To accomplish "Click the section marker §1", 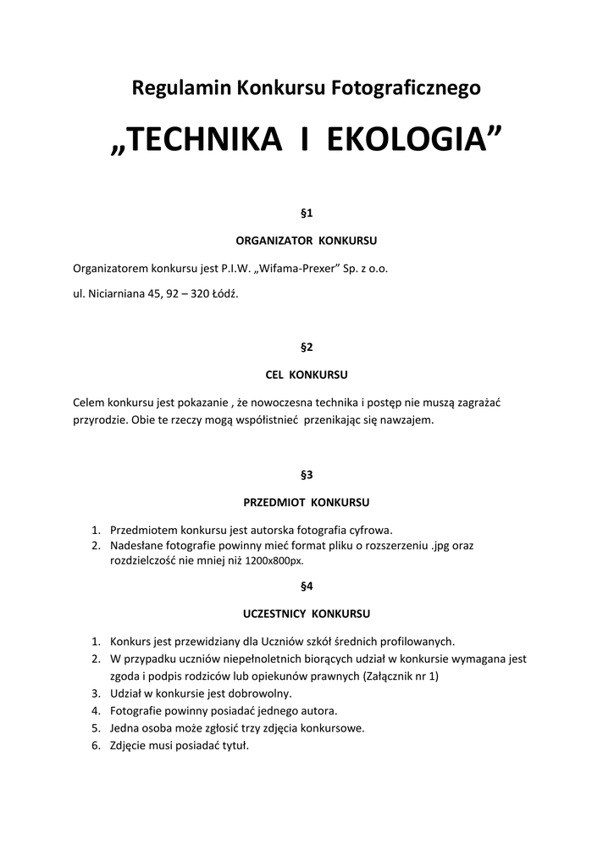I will pyautogui.click(x=307, y=213).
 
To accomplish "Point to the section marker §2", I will pyautogui.click(x=307, y=347).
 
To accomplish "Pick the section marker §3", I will pyautogui.click(x=307, y=475).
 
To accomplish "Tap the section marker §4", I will pyautogui.click(x=307, y=586).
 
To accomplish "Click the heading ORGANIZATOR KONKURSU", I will pyautogui.click(x=307, y=240).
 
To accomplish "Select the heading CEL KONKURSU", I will pyautogui.click(x=307, y=374).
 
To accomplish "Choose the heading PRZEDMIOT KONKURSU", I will pyautogui.click(x=307, y=502).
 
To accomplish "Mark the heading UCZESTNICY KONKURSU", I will pyautogui.click(x=307, y=613).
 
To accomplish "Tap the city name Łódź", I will pyautogui.click(x=226, y=295).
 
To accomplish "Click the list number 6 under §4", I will pyautogui.click(x=96, y=745).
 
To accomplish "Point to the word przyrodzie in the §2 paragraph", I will pyautogui.click(x=100, y=420).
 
